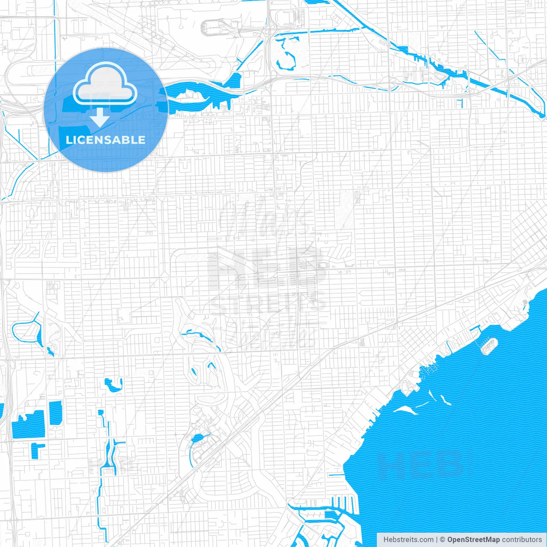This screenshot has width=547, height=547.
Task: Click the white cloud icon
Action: pyautogui.click(x=105, y=83)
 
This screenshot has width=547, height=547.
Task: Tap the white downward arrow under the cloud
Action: pyautogui.click(x=100, y=117)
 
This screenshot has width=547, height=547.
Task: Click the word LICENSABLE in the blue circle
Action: pyautogui.click(x=106, y=140)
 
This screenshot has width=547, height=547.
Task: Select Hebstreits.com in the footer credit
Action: pyautogui.click(x=408, y=540)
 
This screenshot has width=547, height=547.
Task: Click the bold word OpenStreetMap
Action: pyautogui.click(x=473, y=540)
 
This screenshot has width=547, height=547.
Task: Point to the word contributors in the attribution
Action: pyautogui.click(x=521, y=540)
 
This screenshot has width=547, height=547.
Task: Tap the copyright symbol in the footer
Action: pyautogui.click(x=443, y=540)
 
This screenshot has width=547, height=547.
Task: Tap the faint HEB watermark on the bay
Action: pyautogui.click(x=421, y=464)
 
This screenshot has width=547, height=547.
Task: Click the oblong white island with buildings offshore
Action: pyautogui.click(x=489, y=346)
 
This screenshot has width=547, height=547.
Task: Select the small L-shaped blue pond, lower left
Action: pyautogui.click(x=37, y=449)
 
